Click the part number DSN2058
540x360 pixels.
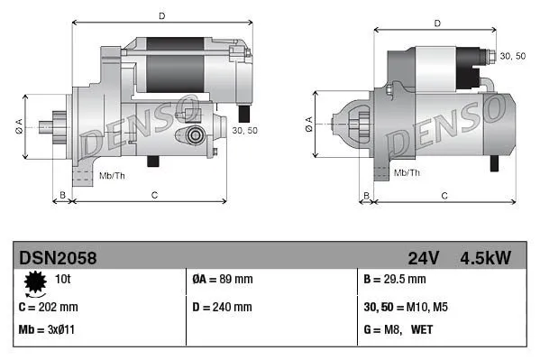coord(58,258)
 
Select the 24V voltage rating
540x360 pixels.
coord(423,258)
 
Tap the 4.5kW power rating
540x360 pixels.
coord(486,258)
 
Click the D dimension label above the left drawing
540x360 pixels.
coord(161,15)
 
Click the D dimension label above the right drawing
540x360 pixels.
coord(436,23)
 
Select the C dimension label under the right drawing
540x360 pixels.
coord(444,195)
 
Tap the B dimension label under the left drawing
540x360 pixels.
coord(62,195)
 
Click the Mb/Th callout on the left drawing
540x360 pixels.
coord(112,174)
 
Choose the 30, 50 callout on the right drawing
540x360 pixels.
coord(512,56)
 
